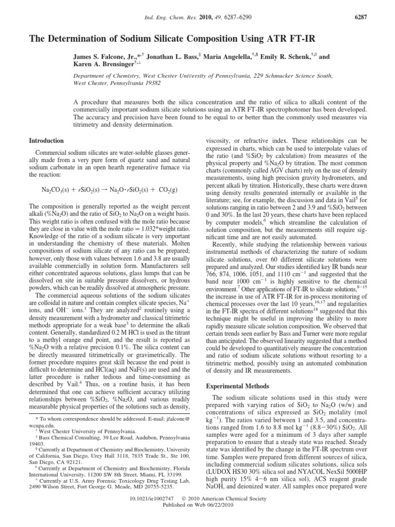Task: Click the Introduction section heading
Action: click(x=46, y=140)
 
